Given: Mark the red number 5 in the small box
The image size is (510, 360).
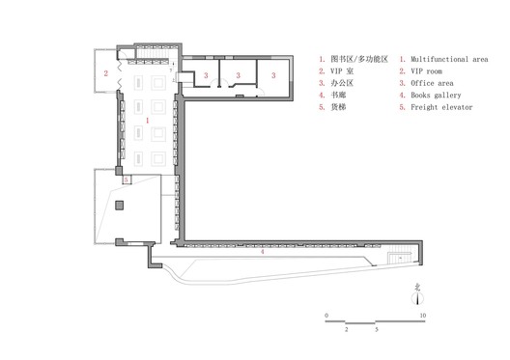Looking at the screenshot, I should click(x=127, y=180).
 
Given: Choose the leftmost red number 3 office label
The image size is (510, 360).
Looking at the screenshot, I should click(x=205, y=74).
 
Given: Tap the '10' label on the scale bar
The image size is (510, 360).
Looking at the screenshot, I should click(x=422, y=316).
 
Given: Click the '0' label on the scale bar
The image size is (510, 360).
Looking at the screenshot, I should click(x=326, y=316).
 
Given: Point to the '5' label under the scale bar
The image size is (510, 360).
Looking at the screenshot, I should click(x=376, y=329).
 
